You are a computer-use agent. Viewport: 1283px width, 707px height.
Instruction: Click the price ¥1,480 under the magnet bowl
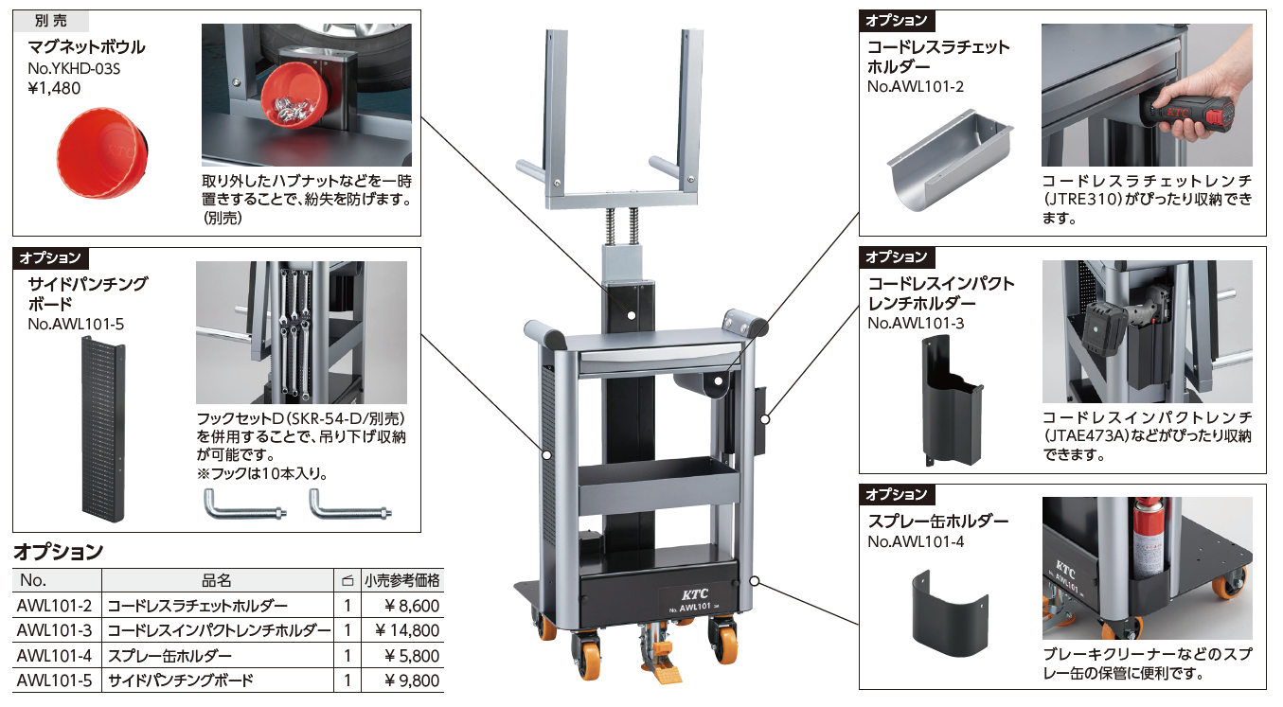click(55, 88)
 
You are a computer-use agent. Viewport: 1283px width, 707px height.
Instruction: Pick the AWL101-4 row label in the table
click(55, 655)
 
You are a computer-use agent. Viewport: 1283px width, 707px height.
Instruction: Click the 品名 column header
click(217, 581)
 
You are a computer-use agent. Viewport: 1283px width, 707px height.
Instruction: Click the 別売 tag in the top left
click(52, 21)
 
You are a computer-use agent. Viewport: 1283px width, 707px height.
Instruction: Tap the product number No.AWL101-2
click(916, 87)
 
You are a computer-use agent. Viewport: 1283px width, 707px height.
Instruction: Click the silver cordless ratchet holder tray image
click(949, 155)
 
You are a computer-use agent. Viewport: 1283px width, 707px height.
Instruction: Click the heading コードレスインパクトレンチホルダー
click(941, 293)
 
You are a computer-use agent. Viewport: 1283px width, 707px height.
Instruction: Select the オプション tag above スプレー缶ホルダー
click(896, 494)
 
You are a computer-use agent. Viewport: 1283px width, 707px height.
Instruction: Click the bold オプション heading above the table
click(58, 551)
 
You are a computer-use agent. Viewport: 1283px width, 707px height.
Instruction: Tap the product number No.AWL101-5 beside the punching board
click(76, 324)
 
